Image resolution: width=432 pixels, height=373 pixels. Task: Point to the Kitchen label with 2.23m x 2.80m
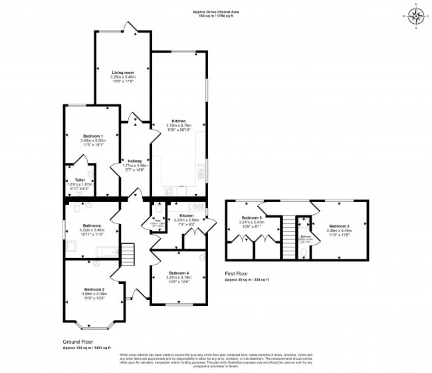(x=186, y=215)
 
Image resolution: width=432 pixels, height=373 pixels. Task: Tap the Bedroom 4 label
(x=178, y=273)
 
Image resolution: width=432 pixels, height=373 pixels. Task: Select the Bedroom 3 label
(x=339, y=227)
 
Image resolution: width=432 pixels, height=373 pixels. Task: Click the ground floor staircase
(x=126, y=253)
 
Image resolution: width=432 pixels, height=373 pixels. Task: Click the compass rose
(x=416, y=17)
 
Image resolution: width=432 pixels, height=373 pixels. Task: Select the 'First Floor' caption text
(x=239, y=273)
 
